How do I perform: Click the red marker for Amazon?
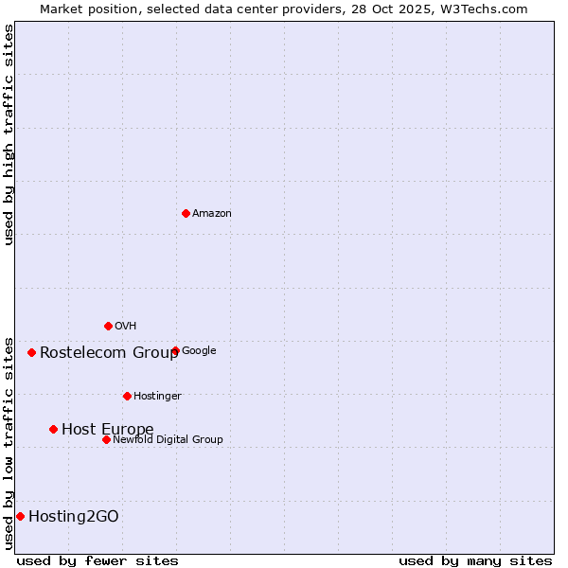(x=186, y=213)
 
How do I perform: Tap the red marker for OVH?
(x=108, y=326)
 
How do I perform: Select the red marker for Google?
(x=175, y=350)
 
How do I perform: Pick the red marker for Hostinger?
(x=127, y=396)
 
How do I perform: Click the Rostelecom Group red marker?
(x=31, y=352)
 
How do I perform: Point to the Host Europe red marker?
(x=53, y=429)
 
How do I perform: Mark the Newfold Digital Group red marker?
(x=106, y=439)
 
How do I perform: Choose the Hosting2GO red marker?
(x=20, y=516)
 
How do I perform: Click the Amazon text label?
(x=212, y=214)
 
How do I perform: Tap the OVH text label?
(x=126, y=327)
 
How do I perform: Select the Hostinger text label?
(x=157, y=397)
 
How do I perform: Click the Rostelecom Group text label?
(x=109, y=353)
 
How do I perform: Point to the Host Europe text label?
(x=108, y=430)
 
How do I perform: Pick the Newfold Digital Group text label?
(x=168, y=440)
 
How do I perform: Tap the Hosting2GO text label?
(x=74, y=517)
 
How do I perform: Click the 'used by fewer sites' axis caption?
(x=98, y=560)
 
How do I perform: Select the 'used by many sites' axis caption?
(x=475, y=560)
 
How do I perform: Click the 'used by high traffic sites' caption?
(x=9, y=134)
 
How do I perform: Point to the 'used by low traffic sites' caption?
(x=9, y=442)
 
